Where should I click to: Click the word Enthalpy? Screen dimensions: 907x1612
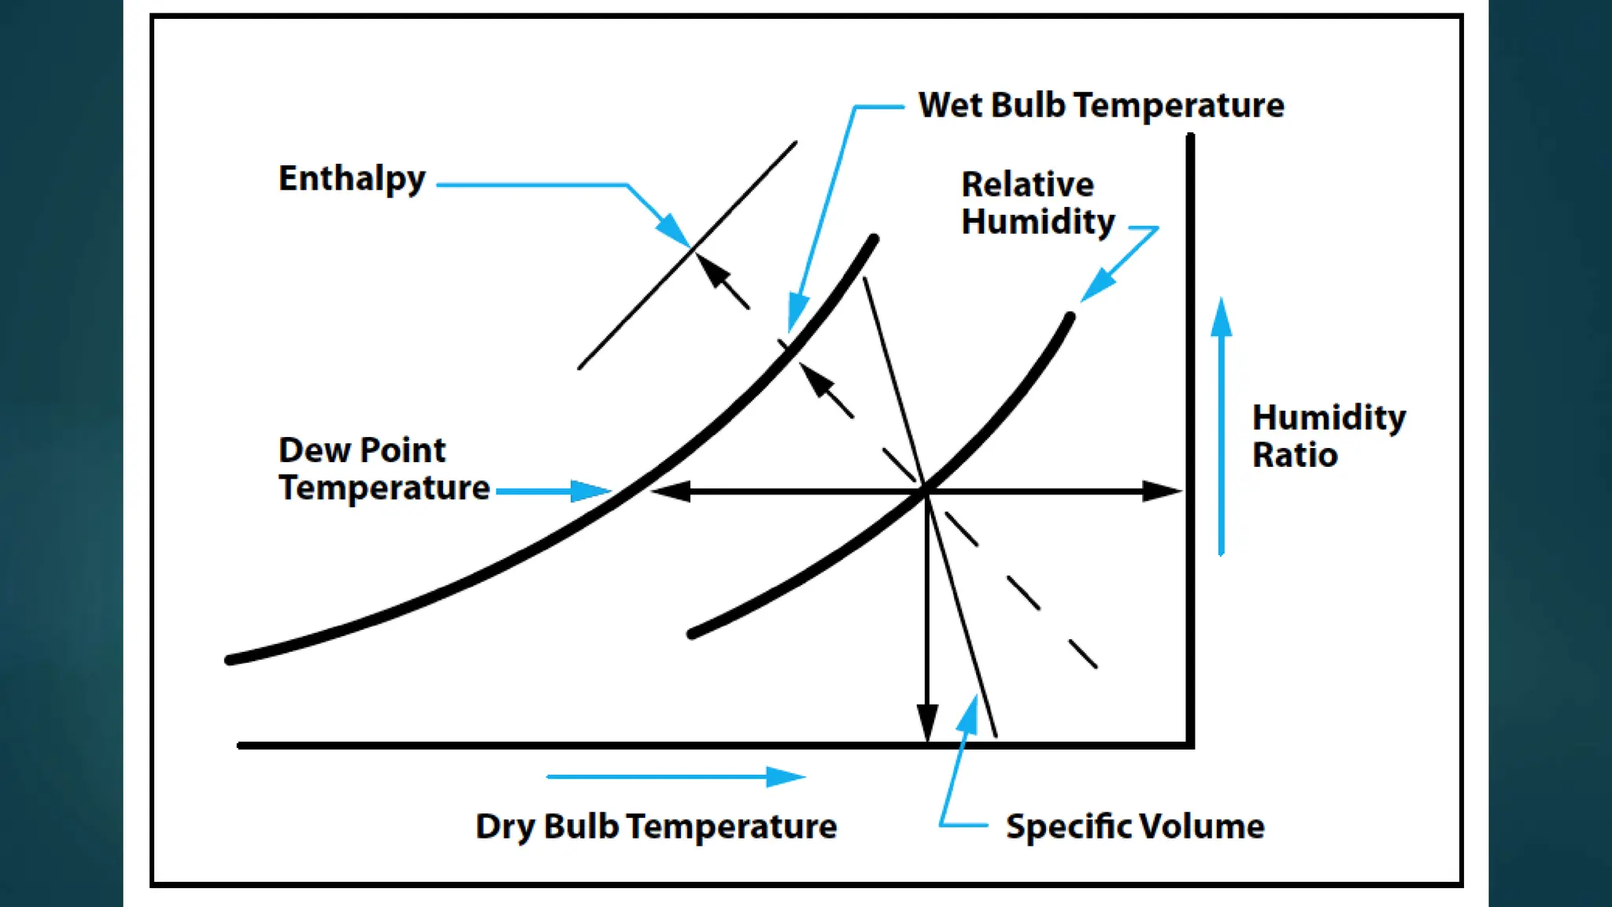[352, 180]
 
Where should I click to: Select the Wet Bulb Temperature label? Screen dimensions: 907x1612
[1100, 106]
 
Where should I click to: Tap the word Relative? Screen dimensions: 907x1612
[1027, 185]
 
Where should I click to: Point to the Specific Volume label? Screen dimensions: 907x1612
[1134, 827]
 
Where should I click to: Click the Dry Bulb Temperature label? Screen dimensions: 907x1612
[656, 827]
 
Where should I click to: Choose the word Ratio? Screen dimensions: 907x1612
[1295, 455]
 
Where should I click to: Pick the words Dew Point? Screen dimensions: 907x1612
[361, 450]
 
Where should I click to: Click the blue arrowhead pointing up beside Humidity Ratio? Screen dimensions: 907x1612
[1221, 317]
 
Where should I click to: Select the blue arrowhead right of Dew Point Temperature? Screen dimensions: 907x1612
[590, 491]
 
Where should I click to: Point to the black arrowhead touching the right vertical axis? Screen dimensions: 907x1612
[1161, 491]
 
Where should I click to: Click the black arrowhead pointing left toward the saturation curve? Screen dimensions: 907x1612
[671, 491]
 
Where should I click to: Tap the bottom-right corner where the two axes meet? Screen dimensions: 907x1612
[1189, 744]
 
